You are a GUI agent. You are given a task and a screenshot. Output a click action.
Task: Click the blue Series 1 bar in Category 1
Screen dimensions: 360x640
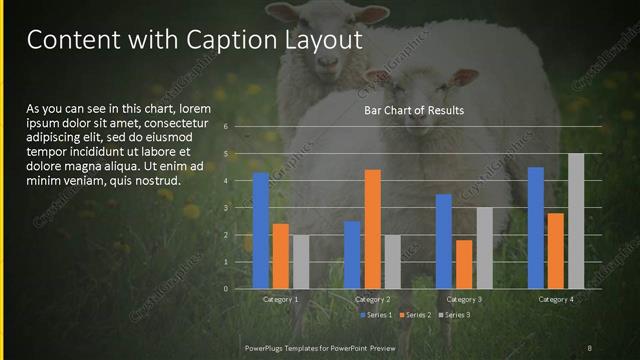click(261, 230)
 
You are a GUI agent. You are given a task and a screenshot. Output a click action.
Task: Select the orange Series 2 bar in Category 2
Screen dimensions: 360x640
click(372, 229)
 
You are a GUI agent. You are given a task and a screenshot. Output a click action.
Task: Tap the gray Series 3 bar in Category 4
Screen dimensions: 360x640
click(576, 221)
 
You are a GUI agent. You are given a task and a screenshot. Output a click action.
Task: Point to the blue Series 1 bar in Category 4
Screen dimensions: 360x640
click(536, 228)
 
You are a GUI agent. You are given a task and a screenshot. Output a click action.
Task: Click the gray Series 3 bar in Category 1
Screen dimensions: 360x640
click(301, 262)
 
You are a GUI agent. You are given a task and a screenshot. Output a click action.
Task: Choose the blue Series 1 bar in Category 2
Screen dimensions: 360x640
click(352, 255)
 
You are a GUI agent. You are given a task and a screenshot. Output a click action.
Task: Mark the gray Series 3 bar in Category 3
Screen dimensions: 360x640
click(483, 248)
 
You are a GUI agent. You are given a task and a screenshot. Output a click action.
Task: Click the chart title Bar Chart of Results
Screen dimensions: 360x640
click(413, 110)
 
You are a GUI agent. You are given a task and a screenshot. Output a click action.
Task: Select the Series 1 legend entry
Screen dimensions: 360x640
click(375, 315)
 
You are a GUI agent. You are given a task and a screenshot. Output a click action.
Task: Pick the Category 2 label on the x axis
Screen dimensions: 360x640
click(372, 299)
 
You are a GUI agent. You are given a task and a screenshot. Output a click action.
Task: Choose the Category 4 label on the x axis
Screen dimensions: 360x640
click(556, 299)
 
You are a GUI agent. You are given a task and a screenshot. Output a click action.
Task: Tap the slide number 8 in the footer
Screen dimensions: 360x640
click(589, 347)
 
